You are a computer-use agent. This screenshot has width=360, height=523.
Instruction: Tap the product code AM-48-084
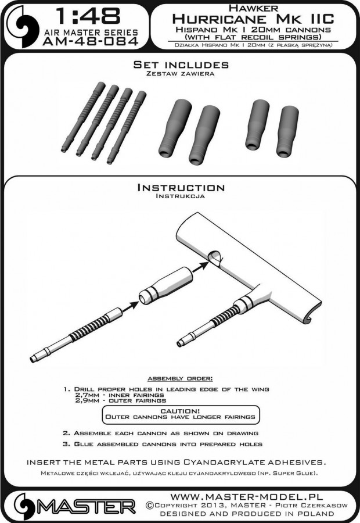(x=91, y=41)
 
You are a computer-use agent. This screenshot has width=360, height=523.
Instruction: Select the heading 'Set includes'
(x=181, y=65)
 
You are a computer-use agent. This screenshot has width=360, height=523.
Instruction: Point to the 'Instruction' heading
(x=181, y=188)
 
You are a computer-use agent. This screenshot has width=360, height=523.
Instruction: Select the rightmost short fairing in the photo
(x=287, y=132)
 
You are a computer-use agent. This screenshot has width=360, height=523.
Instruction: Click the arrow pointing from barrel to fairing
(x=130, y=306)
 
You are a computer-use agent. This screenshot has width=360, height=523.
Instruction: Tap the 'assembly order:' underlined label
(x=180, y=378)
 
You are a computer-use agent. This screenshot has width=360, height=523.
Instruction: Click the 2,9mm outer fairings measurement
(x=121, y=400)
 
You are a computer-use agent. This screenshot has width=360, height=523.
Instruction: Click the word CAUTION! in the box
(x=180, y=411)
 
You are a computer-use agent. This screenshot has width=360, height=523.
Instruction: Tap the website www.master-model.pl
(x=247, y=496)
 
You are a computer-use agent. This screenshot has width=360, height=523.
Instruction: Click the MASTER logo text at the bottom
(x=86, y=507)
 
